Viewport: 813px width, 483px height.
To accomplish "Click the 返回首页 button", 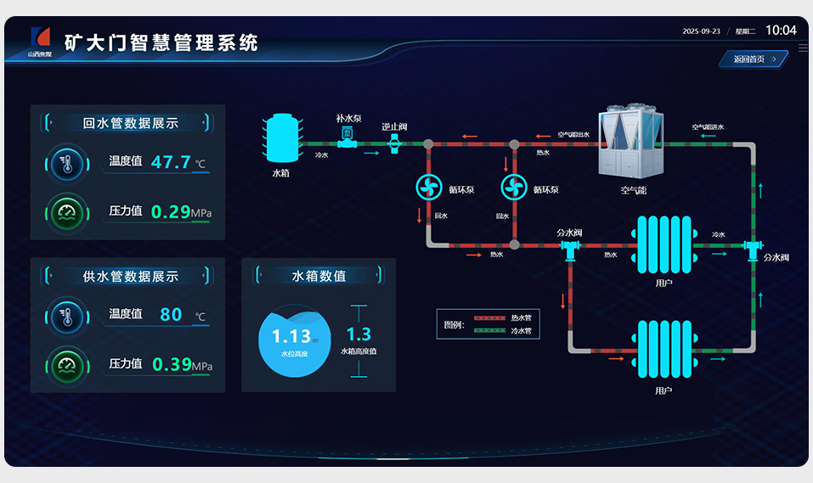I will point(754,59).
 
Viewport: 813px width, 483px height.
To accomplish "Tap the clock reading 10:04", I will point(781,31).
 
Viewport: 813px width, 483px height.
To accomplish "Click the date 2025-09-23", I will point(701,31).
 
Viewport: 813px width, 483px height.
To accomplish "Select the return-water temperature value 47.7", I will point(171,162).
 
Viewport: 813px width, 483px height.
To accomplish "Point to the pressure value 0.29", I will point(170,211).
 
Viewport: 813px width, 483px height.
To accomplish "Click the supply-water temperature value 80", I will point(171,314).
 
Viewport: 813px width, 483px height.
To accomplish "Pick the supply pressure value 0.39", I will point(171,364).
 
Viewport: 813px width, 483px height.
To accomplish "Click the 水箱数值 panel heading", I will point(319,276).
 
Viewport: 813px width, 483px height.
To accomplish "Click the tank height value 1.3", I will point(359,334).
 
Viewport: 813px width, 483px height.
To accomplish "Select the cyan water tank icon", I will point(280,139).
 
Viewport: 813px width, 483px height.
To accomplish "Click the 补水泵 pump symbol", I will point(347,138).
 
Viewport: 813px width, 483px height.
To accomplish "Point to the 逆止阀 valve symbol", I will point(394,143).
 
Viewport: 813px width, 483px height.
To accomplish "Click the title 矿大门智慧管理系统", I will point(161,42).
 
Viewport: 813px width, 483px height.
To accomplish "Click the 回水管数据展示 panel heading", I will point(130,123).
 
